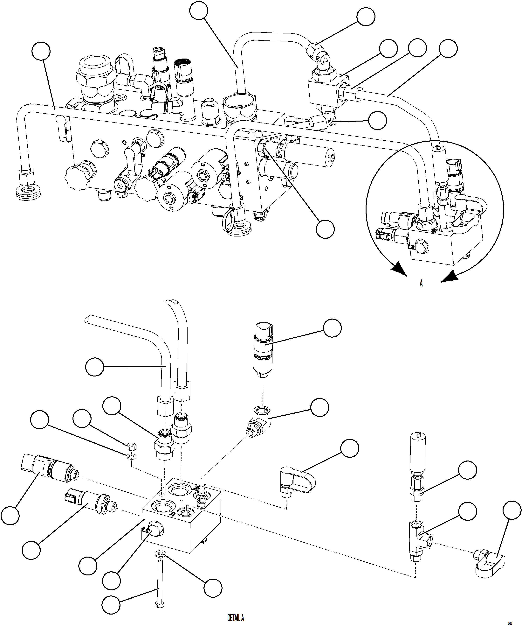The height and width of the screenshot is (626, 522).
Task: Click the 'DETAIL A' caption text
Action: (x=236, y=617)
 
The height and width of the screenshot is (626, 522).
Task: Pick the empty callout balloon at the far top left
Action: (x=41, y=51)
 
